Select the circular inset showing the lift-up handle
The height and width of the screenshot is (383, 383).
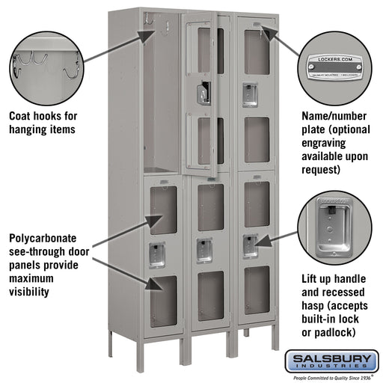[x=334, y=227]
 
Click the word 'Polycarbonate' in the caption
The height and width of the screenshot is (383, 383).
[x=46, y=239]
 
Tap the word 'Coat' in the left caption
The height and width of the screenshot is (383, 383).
[x=20, y=116]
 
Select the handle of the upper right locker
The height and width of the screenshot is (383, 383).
[x=250, y=94]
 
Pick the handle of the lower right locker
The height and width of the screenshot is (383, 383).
[x=251, y=245]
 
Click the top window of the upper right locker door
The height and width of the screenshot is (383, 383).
[x=256, y=52]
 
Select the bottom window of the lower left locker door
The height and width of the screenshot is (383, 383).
[x=164, y=301]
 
